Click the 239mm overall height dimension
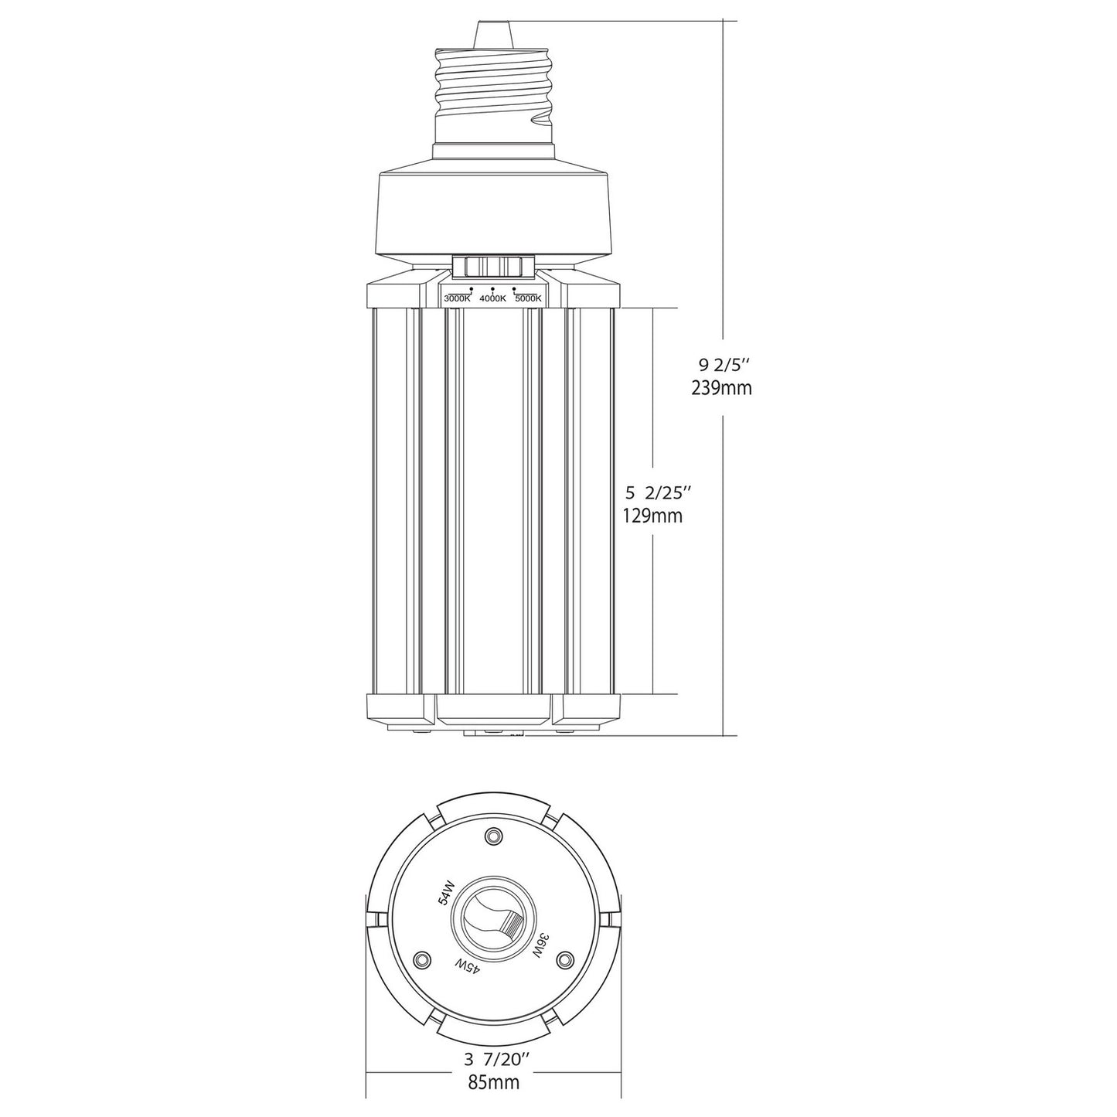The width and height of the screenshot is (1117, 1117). pos(722,388)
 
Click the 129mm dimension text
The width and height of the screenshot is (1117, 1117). pos(652,516)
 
